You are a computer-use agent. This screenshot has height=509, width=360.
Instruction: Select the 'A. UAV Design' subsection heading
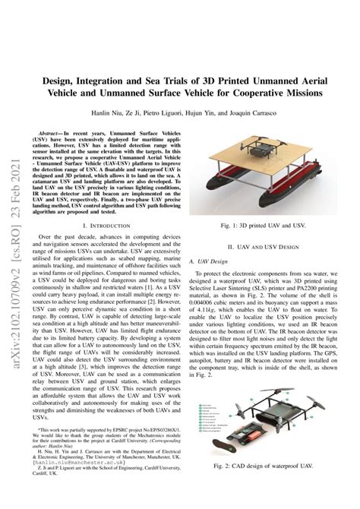tap(209, 261)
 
